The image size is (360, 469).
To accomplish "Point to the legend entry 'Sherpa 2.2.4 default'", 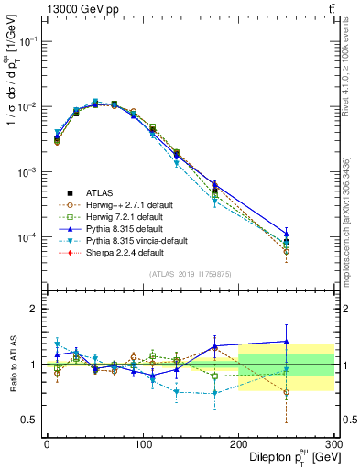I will tap(122, 252).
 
